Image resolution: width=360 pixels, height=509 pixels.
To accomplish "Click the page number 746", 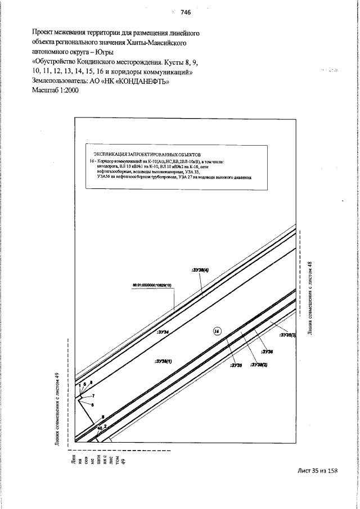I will point(186,12).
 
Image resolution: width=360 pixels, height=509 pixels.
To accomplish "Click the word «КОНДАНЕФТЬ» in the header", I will point(141,82).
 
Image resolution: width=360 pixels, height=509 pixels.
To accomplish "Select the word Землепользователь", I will point(61,82).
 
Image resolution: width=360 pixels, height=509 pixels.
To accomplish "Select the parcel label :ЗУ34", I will point(163,332).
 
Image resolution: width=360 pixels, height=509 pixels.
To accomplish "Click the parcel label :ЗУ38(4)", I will point(200,271).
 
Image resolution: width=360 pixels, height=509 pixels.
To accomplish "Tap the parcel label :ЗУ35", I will point(235,364).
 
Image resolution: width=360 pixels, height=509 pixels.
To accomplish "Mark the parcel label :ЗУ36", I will point(266,351).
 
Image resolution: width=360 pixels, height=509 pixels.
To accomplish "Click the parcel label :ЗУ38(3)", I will point(287,334).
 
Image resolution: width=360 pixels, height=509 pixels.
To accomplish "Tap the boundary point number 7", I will point(93,396).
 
